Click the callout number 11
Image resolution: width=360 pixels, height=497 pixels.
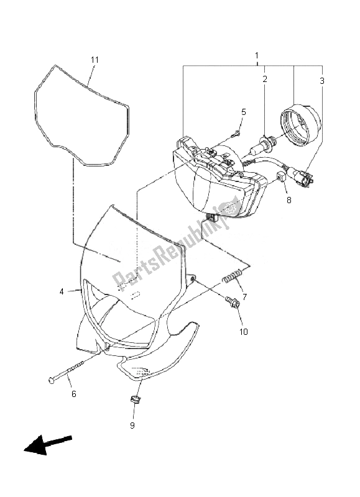pos(95,60)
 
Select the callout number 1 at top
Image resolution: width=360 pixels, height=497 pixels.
pos(256,56)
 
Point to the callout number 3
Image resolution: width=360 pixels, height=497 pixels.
pos(322,80)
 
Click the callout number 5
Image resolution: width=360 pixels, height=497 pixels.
pos(243,112)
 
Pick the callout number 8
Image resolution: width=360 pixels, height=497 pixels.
pos(288,200)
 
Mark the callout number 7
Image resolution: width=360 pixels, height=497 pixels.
pos(244,297)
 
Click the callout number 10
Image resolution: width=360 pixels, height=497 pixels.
pos(243,332)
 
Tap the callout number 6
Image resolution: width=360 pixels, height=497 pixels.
pos(73,393)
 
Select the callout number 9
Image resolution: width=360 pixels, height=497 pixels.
pos(132,426)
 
